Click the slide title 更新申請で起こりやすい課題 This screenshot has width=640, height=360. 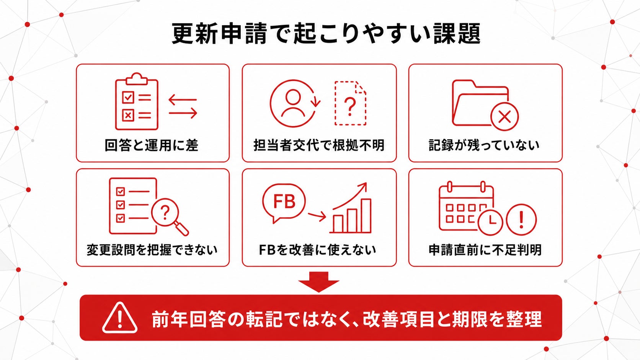pos(326,34)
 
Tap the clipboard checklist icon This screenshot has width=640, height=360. pos(137,102)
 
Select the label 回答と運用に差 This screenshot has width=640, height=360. pos(151,145)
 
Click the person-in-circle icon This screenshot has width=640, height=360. pos(294,103)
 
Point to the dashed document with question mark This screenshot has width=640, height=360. pos(350,103)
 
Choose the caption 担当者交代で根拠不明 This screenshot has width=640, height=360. pos(319,145)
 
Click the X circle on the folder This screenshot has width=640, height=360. pos(504,116)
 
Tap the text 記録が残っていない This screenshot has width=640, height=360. pos(484,145)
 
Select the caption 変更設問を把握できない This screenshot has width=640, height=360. pos(152,250)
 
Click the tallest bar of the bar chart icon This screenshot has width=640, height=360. pos(366,216)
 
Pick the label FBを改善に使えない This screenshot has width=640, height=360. pos(317,250)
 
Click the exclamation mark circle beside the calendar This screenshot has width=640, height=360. pos(521,220)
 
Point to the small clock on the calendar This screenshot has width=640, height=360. pos(490,222)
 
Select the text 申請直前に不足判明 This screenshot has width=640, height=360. pos(485,250)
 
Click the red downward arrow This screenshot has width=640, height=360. pos(319,282)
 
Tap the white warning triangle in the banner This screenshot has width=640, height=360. pos(120,318)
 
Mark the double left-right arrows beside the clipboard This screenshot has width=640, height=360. pos(183,107)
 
